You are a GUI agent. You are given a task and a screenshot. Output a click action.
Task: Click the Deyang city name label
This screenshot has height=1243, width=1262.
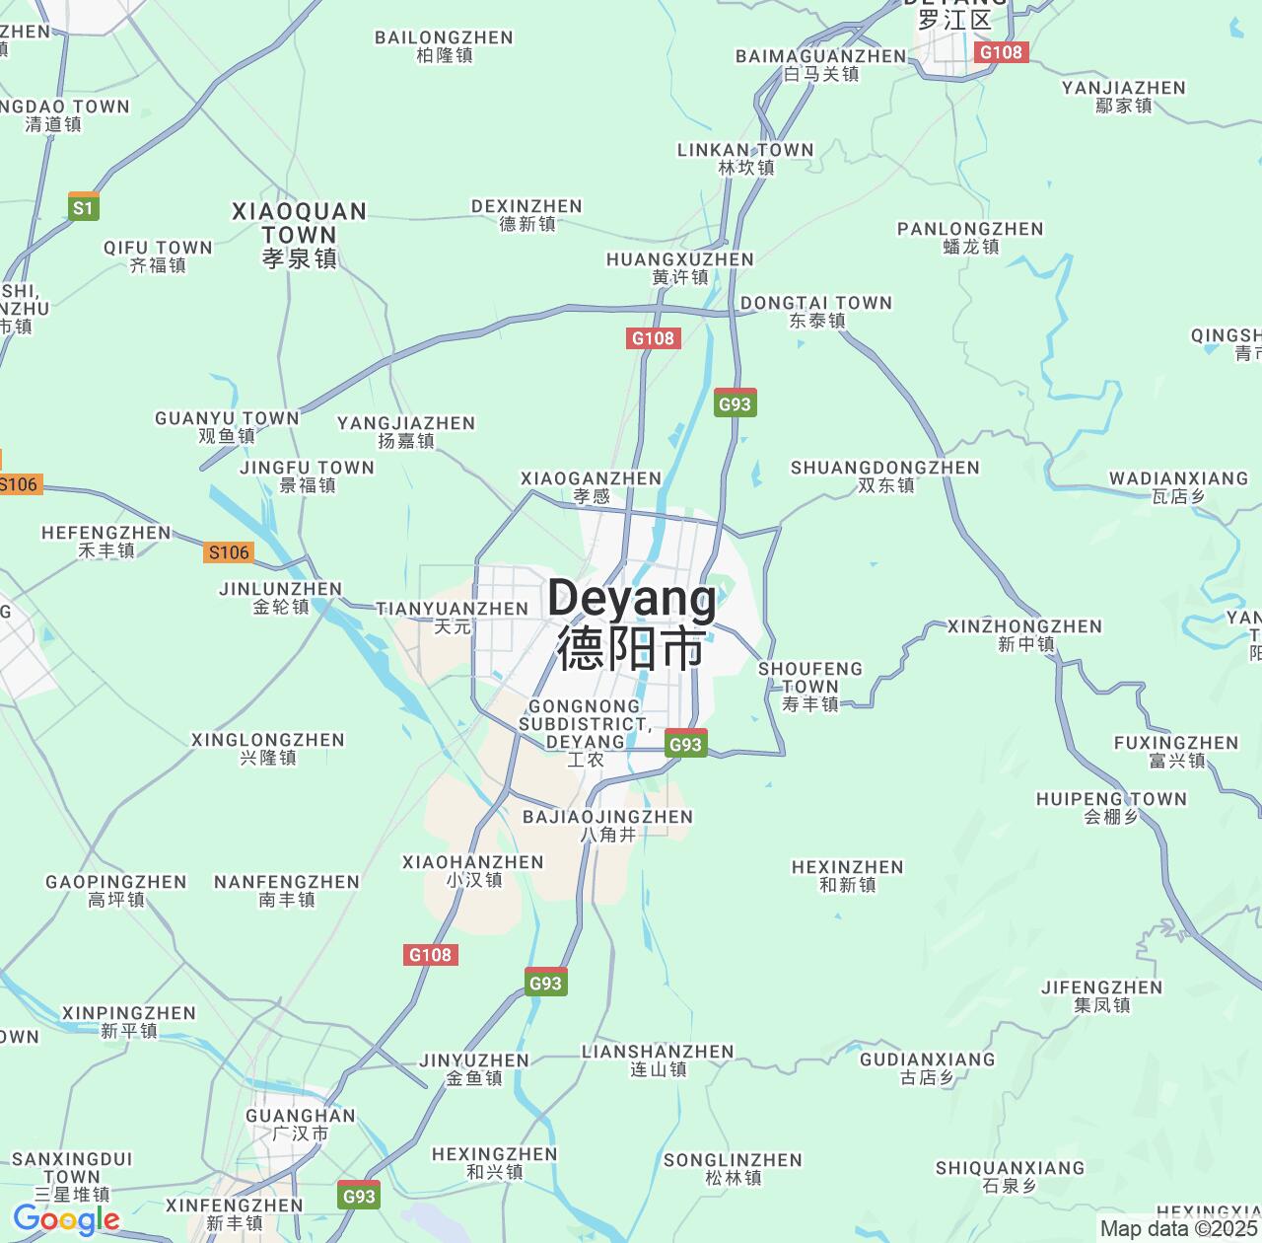(x=632, y=622)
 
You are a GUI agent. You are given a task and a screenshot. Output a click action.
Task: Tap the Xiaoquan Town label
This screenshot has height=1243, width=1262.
(x=300, y=235)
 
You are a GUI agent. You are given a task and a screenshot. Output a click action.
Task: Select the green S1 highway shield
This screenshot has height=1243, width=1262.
(x=84, y=207)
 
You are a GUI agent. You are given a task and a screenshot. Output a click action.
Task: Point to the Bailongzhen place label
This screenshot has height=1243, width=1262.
(x=444, y=45)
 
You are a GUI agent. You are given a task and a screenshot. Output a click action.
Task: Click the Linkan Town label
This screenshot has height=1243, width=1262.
(x=745, y=158)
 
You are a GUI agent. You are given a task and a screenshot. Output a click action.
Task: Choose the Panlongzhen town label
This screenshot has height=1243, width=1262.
(x=970, y=237)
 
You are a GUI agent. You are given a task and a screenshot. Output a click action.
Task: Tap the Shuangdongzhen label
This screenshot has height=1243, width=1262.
(x=885, y=475)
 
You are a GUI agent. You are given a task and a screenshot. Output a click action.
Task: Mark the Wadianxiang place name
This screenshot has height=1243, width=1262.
(x=1178, y=486)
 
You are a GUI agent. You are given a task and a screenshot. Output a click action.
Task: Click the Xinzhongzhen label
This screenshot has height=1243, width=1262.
(x=1025, y=634)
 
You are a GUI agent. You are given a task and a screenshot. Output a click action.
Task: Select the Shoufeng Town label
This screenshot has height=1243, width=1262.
(x=809, y=686)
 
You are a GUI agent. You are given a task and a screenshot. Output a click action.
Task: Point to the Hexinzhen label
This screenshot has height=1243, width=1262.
(x=848, y=875)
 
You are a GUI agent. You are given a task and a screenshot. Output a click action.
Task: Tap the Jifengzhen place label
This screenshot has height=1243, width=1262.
(x=1102, y=995)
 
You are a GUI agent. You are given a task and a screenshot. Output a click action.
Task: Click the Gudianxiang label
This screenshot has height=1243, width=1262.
(x=928, y=1067)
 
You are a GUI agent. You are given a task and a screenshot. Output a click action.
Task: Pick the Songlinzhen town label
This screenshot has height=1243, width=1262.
(x=733, y=1168)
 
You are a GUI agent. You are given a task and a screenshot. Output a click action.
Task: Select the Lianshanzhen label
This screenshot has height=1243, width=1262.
(x=658, y=1060)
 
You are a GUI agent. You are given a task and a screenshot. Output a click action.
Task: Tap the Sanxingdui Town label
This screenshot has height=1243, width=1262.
(x=72, y=1176)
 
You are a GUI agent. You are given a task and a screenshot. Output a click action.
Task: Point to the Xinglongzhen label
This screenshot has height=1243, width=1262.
(x=268, y=748)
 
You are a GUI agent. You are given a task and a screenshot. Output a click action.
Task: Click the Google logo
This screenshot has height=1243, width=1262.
(x=66, y=1219)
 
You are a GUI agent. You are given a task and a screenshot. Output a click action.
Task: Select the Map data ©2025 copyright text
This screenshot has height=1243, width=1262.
(x=1179, y=1228)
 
